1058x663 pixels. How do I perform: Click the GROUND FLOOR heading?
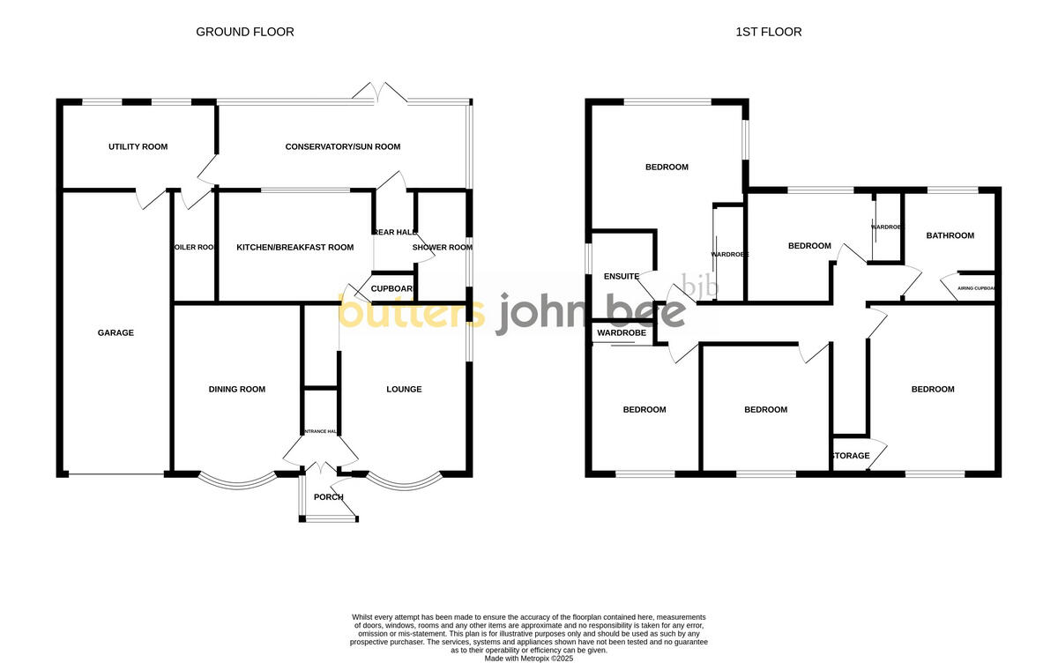click(244, 32)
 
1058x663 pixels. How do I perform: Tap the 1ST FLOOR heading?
click(769, 32)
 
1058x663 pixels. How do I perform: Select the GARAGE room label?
click(115, 332)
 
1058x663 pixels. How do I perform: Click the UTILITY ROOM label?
click(138, 146)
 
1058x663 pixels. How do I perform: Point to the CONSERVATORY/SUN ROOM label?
click(343, 146)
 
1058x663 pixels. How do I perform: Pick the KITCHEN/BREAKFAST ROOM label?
click(294, 247)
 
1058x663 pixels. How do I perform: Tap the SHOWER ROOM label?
click(443, 247)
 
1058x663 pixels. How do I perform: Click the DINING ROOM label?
click(236, 389)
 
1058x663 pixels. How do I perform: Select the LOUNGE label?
click(404, 389)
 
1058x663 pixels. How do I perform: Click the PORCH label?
click(329, 497)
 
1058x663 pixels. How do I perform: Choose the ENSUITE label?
click(622, 276)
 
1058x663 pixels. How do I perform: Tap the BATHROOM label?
click(950, 235)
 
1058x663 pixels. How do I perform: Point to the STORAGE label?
click(851, 456)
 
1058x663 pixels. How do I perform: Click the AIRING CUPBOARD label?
click(976, 288)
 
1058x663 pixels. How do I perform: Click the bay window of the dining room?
click(235, 482)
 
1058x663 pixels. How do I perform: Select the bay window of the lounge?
click(403, 482)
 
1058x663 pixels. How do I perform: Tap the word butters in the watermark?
click(412, 311)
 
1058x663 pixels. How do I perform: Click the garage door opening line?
click(115, 475)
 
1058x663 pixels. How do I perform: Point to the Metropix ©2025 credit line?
click(529, 658)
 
